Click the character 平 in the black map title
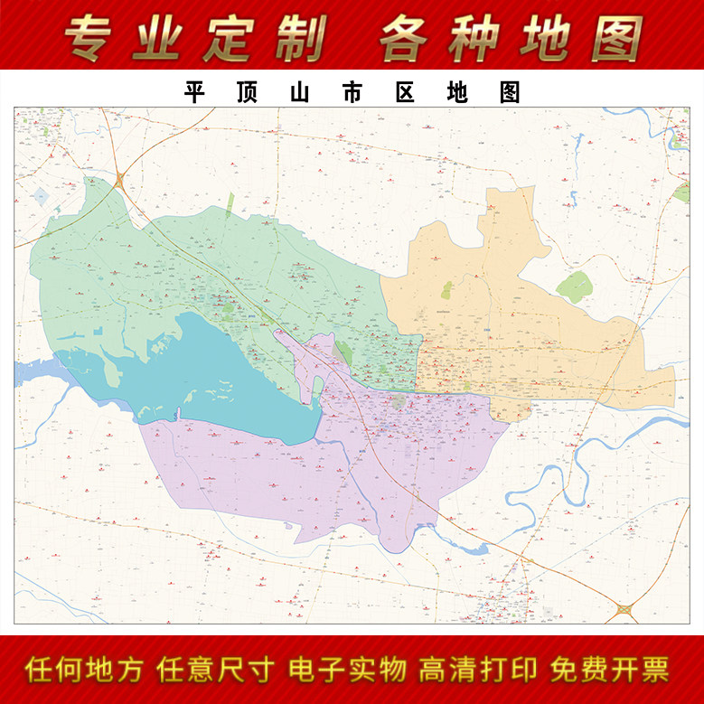coord(194,92)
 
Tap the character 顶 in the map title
coord(247,92)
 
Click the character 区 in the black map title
coord(404,92)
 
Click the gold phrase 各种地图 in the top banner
coord(511,38)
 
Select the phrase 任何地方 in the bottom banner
coord(84,670)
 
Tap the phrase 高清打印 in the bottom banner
coord(478,670)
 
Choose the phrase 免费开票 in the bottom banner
coord(609,670)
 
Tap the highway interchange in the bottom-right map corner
coord(624,612)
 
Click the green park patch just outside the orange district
coord(573,287)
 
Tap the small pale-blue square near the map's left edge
coord(41,195)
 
